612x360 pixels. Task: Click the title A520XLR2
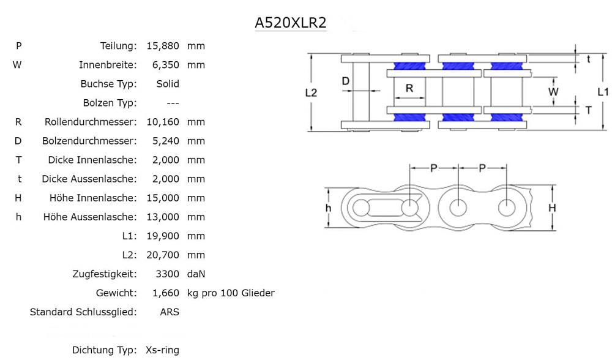290,23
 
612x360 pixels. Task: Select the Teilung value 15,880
163,46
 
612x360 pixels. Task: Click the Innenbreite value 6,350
166,65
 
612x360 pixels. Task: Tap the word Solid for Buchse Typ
168,84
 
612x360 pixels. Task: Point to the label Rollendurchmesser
91,122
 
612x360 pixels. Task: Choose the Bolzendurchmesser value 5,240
166,141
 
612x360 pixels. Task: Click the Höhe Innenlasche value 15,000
163,198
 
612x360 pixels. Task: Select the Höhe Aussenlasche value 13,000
163,217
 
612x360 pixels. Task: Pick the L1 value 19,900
163,236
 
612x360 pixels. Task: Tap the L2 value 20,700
163,255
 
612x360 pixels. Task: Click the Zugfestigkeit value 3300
168,274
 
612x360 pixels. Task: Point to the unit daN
196,274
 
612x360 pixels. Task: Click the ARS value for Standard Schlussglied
170,312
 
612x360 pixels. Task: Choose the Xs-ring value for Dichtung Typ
162,350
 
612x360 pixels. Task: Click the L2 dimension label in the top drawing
311,92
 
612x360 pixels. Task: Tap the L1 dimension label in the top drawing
603,92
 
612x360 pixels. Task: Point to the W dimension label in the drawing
553,92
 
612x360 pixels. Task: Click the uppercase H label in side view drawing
552,208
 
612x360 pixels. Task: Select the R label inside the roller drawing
409,88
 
